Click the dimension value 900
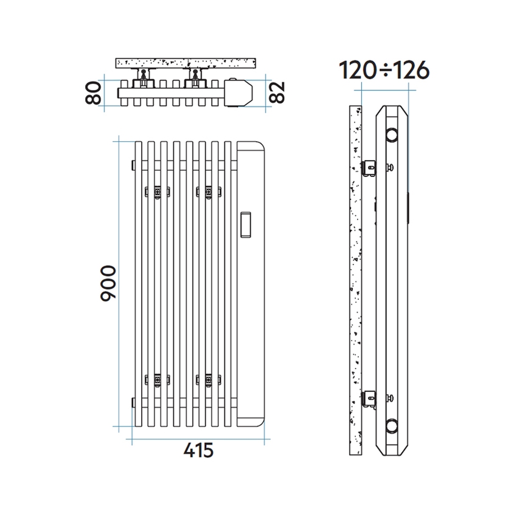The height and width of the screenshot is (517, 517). [107, 283]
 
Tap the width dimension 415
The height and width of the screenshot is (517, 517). [198, 450]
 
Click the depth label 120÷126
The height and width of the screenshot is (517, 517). [384, 71]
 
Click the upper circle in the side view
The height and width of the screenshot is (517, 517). [394, 133]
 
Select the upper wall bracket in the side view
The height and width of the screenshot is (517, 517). [369, 167]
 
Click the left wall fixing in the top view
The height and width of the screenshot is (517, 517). [144, 77]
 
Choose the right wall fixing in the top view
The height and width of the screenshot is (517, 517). [196, 77]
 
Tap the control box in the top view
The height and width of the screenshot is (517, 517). [238, 93]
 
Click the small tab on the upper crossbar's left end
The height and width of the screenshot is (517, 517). [132, 165]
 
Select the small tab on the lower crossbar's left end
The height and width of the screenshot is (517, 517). [132, 403]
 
